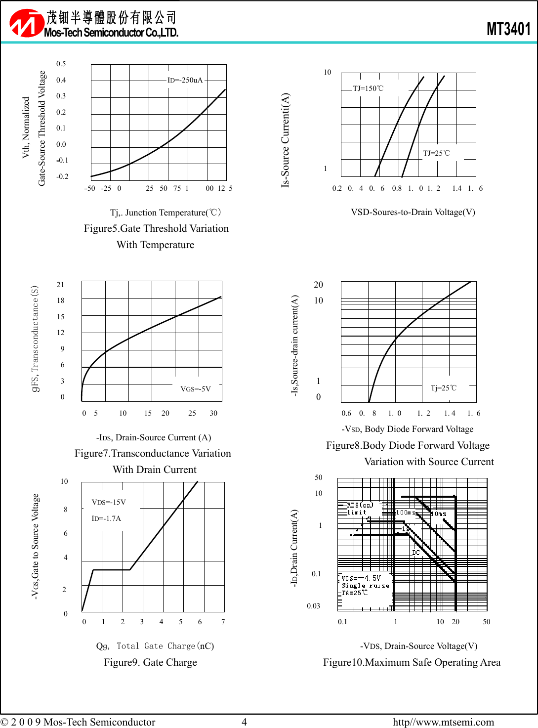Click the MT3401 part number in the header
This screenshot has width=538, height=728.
pyautogui.click(x=508, y=29)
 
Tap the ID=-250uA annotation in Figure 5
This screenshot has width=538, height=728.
pyautogui.click(x=185, y=80)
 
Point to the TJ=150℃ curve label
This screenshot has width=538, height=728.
pyautogui.click(x=368, y=88)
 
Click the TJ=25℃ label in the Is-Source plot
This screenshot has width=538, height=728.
pyautogui.click(x=436, y=153)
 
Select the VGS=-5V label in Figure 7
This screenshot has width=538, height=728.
pyautogui.click(x=196, y=389)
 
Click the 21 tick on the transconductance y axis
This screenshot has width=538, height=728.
pyautogui.click(x=60, y=285)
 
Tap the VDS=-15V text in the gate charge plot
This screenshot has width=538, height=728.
pyautogui.click(x=109, y=502)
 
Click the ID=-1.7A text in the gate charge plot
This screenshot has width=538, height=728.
pyautogui.click(x=106, y=518)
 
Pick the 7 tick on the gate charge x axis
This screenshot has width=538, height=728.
pyautogui.click(x=223, y=622)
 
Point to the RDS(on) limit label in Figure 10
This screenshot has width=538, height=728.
pyautogui.click(x=359, y=508)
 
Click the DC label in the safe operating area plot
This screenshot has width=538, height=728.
pyautogui.click(x=416, y=553)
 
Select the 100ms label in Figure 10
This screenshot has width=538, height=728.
pyautogui.click(x=406, y=513)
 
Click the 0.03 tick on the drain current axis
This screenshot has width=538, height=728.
pyautogui.click(x=313, y=606)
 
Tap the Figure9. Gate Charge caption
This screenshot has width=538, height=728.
pyautogui.click(x=150, y=662)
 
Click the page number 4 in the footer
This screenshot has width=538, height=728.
pyautogui.click(x=244, y=722)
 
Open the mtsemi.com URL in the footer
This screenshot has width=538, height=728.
pyautogui.click(x=443, y=722)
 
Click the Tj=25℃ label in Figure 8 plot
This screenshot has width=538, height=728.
pyautogui.click(x=443, y=388)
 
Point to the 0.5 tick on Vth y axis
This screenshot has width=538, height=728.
pyautogui.click(x=61, y=64)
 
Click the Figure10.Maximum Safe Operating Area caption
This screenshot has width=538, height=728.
pyautogui.click(x=412, y=662)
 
